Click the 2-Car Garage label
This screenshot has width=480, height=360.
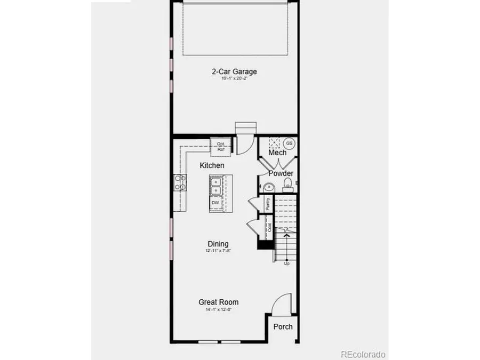point(235,71)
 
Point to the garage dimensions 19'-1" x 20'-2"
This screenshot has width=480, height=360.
point(235,78)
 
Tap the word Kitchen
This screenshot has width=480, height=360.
point(212,165)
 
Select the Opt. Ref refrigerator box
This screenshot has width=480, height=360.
point(220,146)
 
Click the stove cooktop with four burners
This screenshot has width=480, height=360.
point(180,182)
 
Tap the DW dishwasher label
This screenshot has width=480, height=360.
point(215,203)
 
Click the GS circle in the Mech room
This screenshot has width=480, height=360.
point(289,143)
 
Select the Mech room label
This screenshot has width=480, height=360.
point(277,153)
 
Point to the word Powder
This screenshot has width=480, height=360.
point(281,173)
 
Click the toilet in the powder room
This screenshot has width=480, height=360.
point(287,185)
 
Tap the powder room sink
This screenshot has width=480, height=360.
point(268,187)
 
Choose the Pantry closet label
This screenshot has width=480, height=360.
point(268,204)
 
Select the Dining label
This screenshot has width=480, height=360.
point(218,244)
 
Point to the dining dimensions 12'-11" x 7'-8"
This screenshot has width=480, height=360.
point(218,250)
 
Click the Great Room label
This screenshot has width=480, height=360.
point(219,302)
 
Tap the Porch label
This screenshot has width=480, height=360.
point(283,326)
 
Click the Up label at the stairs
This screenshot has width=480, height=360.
point(286,263)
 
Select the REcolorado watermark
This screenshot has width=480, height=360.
point(363,354)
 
